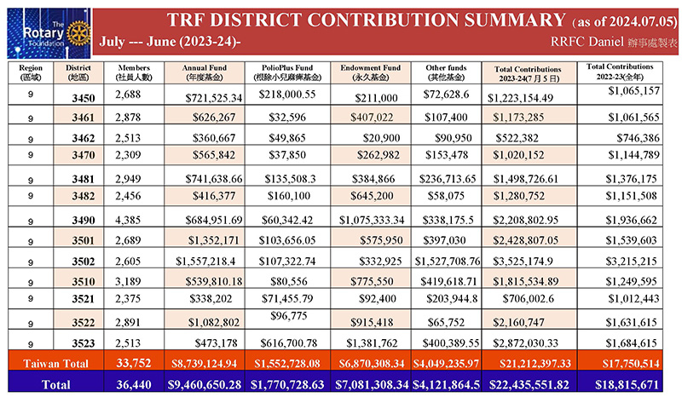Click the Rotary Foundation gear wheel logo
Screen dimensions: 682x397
click(78, 33)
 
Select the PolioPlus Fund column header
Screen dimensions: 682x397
click(287, 72)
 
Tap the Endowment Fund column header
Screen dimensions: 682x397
click(371, 72)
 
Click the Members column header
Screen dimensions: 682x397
click(134, 72)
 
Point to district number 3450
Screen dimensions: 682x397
click(84, 98)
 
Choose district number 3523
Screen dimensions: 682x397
click(84, 343)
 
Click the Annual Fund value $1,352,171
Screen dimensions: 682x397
click(214, 240)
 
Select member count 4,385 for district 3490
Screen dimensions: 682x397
click(128, 220)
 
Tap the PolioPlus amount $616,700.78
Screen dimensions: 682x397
click(289, 343)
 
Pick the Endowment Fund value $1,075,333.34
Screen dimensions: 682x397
click(372, 220)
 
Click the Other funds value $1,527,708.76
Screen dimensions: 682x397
click(448, 261)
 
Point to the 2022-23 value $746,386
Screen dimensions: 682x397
click(638, 138)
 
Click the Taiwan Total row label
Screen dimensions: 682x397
click(55, 363)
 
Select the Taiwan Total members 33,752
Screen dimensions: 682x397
click(134, 363)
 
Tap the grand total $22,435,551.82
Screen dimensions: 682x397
click(529, 384)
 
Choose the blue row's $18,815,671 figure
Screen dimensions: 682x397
click(627, 384)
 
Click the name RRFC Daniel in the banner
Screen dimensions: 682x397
click(587, 41)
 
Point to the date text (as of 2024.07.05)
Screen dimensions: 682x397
click(625, 21)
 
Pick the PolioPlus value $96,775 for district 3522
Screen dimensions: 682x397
click(289, 316)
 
